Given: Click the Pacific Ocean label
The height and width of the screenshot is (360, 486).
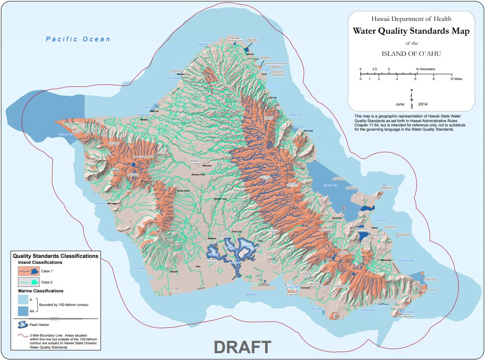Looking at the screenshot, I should pos(78,39).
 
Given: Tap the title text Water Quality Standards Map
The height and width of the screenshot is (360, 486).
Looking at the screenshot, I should pos(411,31).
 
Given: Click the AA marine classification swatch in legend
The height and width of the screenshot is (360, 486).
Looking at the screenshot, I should pos(25,311).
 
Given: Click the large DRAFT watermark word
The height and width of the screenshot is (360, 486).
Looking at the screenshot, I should pos(242,347).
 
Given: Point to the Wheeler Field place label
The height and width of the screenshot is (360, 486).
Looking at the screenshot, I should pos(201,175).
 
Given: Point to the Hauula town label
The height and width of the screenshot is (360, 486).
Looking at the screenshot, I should pos(273,97).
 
